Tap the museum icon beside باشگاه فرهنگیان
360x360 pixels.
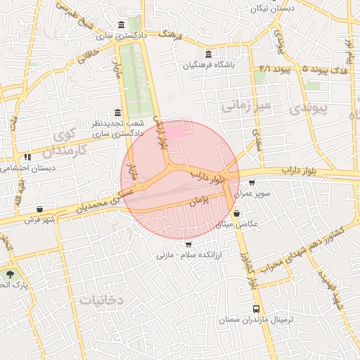click(207, 55)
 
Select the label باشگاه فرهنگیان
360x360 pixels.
click(208, 66)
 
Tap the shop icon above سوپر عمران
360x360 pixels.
click(252, 183)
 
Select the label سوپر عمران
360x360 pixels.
click(252, 193)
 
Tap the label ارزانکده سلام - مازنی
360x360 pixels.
click(188, 255)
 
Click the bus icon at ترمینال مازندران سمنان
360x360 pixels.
click(256, 309)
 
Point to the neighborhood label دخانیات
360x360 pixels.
click(101, 300)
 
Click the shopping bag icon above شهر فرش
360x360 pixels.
click(39, 209)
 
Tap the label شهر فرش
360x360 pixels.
click(39, 219)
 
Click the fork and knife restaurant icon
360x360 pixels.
click(27, 157)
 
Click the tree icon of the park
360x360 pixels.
click(10, 274)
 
